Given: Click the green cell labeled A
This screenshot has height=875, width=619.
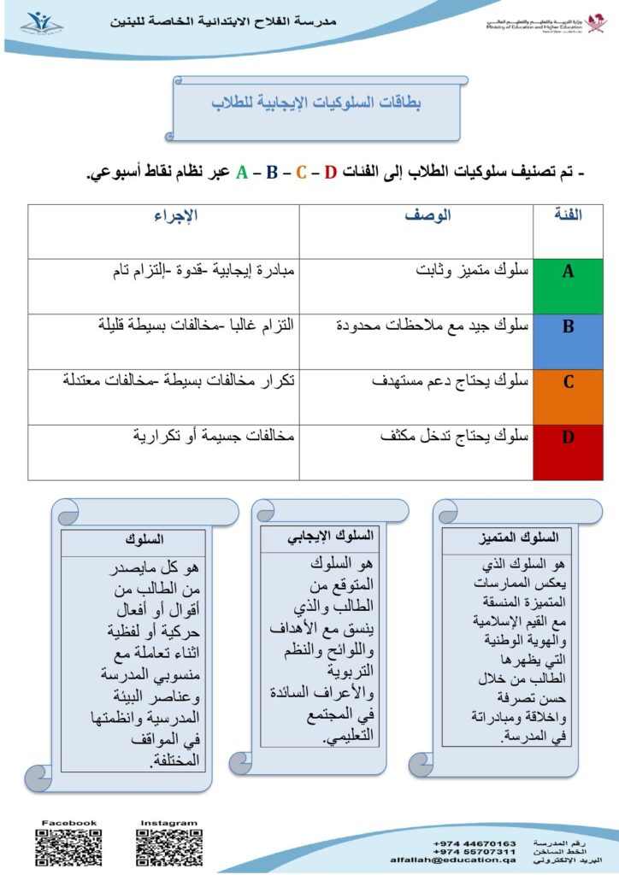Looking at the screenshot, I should click(568, 286).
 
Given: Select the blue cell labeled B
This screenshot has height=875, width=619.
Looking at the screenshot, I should click(568, 341).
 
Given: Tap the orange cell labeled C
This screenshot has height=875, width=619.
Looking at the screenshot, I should click(568, 396).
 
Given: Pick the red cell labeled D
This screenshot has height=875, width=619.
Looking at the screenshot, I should click(568, 452).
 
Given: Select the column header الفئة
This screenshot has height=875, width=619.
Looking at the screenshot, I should click(568, 215).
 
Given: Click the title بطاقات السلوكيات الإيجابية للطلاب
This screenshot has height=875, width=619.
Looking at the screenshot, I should click(318, 103).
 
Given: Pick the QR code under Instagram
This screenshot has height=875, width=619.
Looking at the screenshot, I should click(168, 849).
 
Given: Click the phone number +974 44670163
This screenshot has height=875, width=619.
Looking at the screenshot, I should click(475, 843).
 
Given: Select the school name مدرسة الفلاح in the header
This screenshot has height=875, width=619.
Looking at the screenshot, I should click(223, 21).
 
